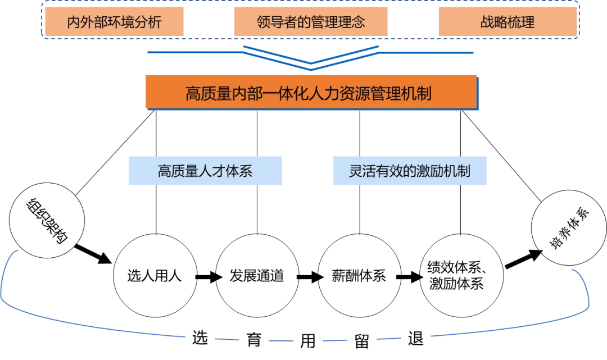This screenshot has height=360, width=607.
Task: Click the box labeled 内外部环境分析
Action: click(x=114, y=22)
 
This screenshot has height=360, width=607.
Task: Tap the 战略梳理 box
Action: click(x=507, y=22)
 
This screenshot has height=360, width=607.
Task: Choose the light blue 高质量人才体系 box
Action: click(x=205, y=171)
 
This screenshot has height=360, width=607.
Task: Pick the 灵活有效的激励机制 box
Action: click(x=410, y=171)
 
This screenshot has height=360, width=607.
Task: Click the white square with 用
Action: click(x=308, y=339)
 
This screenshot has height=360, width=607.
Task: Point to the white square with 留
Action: click(x=361, y=339)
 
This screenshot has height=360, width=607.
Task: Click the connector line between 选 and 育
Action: click(x=227, y=339)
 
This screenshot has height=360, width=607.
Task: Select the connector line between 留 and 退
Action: click(x=388, y=339)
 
